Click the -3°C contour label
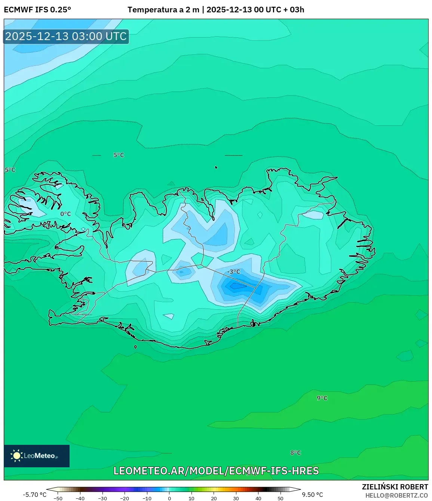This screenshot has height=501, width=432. tap(234, 271)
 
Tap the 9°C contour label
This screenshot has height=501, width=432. tap(322, 398)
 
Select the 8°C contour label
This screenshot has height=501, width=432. tap(295, 453)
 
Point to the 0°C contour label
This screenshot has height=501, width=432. tap(65, 214)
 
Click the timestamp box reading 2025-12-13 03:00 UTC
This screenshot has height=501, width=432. tap(66, 36)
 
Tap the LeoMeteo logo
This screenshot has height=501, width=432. tap(37, 456)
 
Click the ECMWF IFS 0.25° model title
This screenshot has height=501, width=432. tap(37, 9)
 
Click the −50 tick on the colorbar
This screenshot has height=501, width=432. tap(58, 498)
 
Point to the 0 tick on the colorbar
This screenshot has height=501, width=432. tap(169, 498)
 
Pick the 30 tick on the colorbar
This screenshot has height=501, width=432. tap(236, 498)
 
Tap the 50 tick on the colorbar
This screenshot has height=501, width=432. tap(281, 498)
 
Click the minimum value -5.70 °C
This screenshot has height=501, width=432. tap(35, 495)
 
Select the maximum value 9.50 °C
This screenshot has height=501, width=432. tap(312, 495)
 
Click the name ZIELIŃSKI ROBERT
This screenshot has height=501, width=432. tap(395, 487)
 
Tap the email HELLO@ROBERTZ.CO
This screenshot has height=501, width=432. tap(396, 495)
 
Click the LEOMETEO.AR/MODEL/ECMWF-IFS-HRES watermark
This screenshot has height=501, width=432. tap(216, 471)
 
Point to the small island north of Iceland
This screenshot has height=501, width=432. tap(216, 167)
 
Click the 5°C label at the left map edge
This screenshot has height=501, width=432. tap(10, 170)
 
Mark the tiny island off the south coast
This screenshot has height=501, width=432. tap(135, 347)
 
